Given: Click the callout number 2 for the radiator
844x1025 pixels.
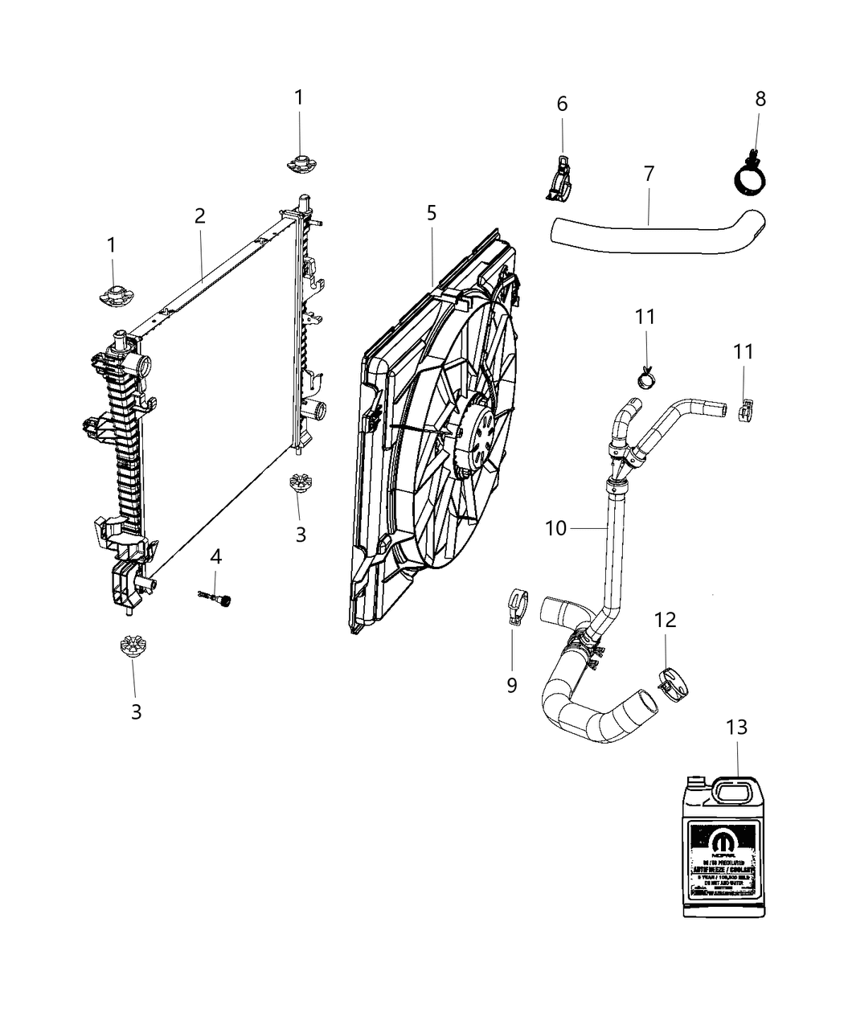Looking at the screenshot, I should pos(199,215).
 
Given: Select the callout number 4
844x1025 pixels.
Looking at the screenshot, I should pos(215,556).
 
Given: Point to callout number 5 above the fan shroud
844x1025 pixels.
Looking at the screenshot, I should pos(432,213).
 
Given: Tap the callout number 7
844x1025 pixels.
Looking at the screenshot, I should pos(649,173).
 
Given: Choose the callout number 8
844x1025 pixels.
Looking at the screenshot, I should pos(760,99).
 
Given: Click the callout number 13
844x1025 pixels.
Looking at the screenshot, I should pos(736,727).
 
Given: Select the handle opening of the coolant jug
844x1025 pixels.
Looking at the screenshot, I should pos(736,794).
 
